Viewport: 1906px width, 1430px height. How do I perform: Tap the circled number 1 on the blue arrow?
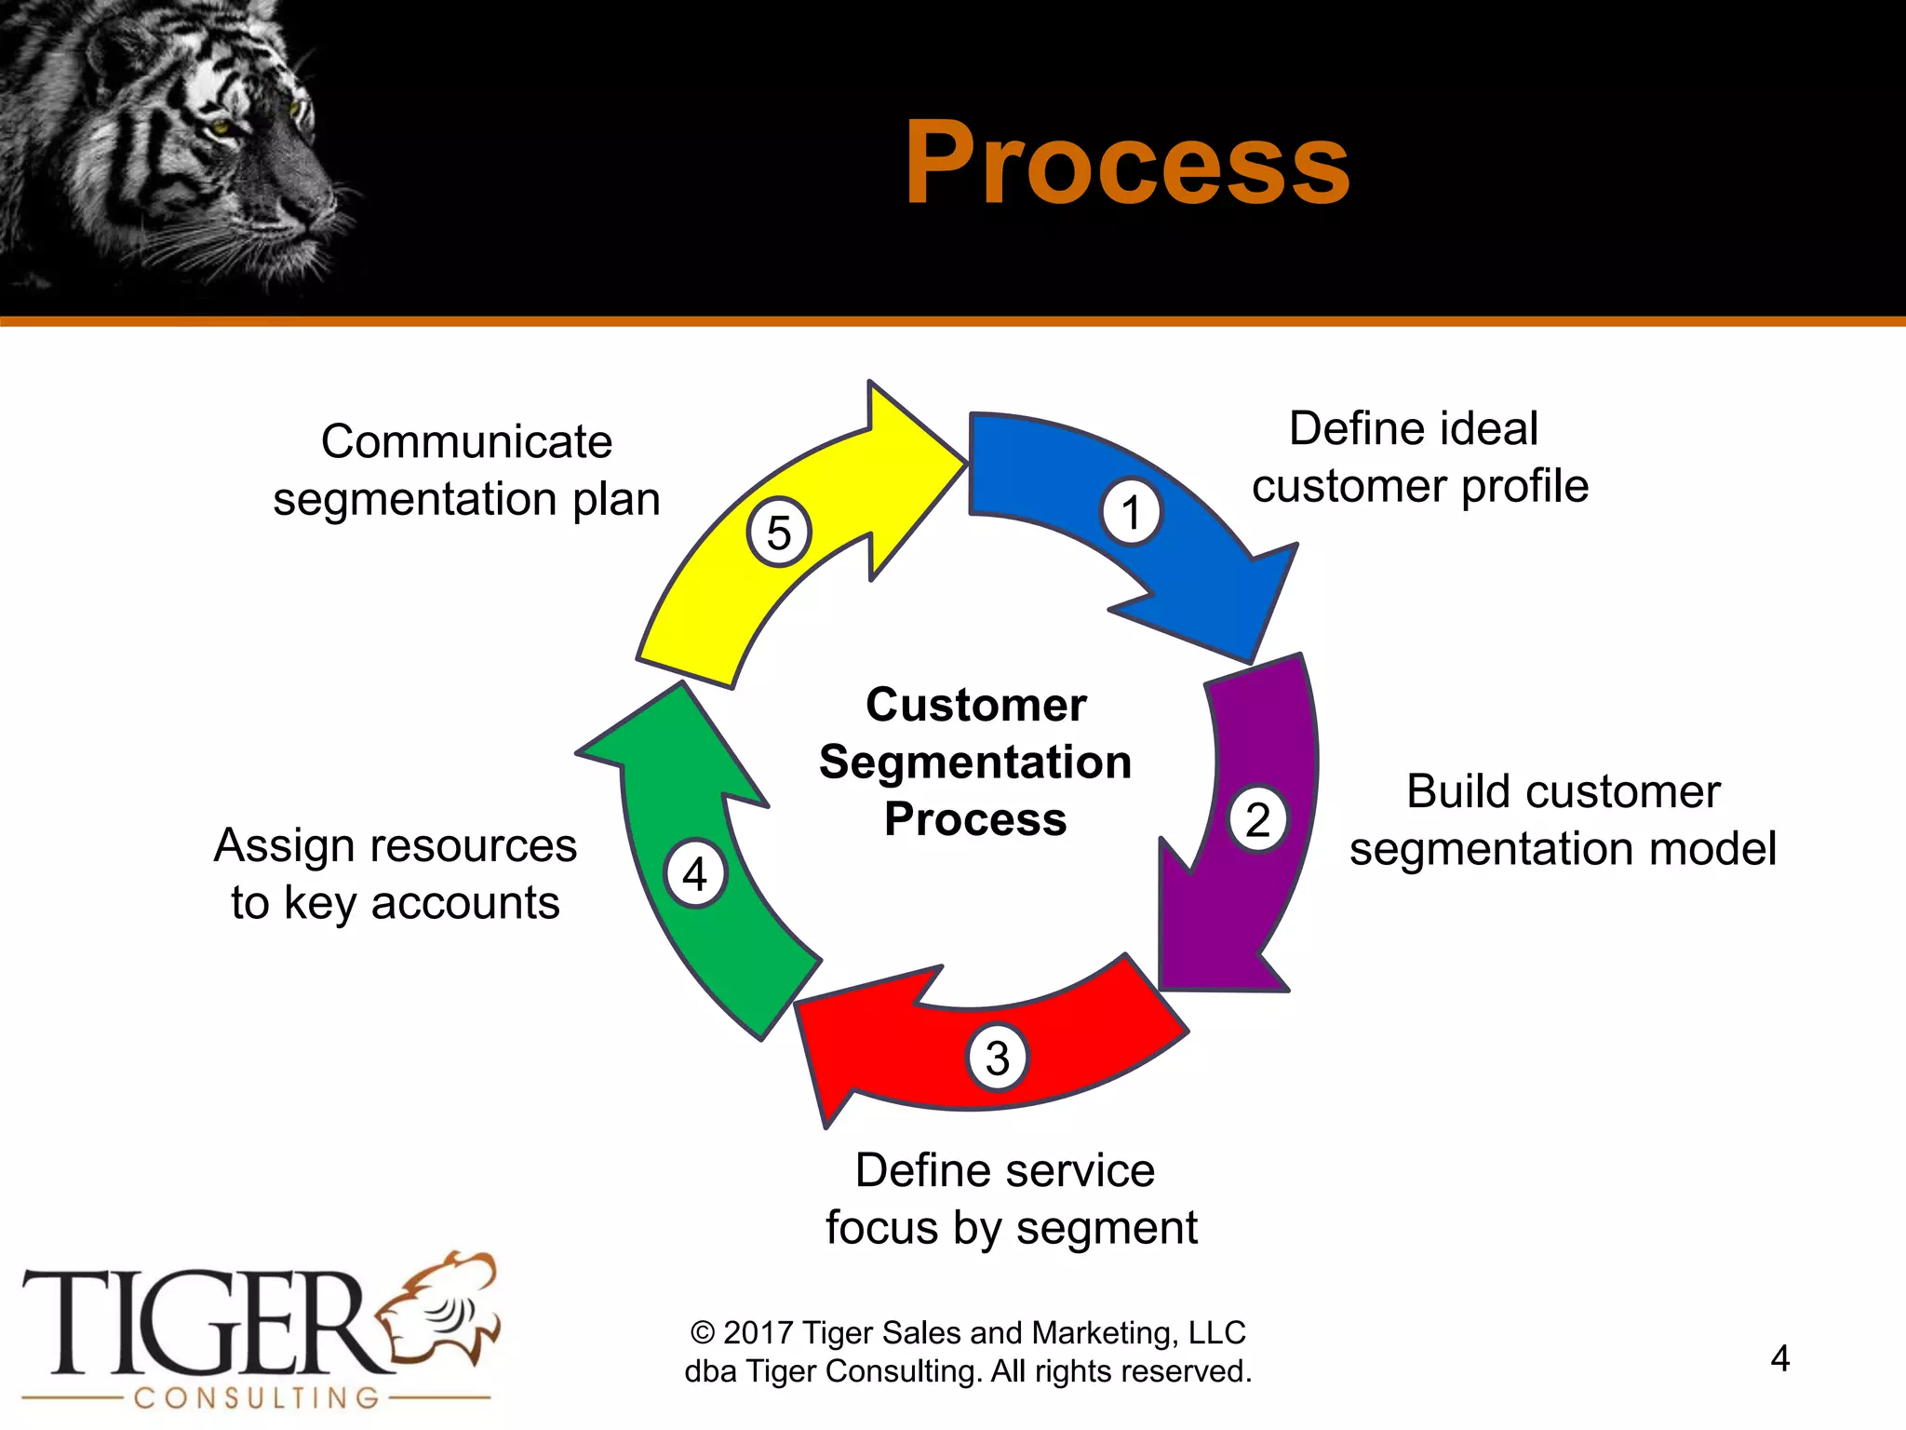[x=1131, y=512]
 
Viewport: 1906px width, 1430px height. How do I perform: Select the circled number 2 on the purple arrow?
[x=1258, y=819]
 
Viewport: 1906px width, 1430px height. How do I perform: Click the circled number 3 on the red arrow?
[x=997, y=1058]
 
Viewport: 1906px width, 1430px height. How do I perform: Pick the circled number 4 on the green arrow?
[x=694, y=874]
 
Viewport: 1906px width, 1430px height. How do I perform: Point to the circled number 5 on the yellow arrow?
[x=779, y=533]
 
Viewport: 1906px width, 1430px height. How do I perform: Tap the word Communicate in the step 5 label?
[x=466, y=441]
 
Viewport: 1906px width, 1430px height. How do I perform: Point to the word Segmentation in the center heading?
[x=975, y=762]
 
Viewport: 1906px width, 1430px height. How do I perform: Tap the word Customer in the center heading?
[x=975, y=705]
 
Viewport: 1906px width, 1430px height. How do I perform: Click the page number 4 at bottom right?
[x=1779, y=1358]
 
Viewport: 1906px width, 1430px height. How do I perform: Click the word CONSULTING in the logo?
[x=257, y=1397]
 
